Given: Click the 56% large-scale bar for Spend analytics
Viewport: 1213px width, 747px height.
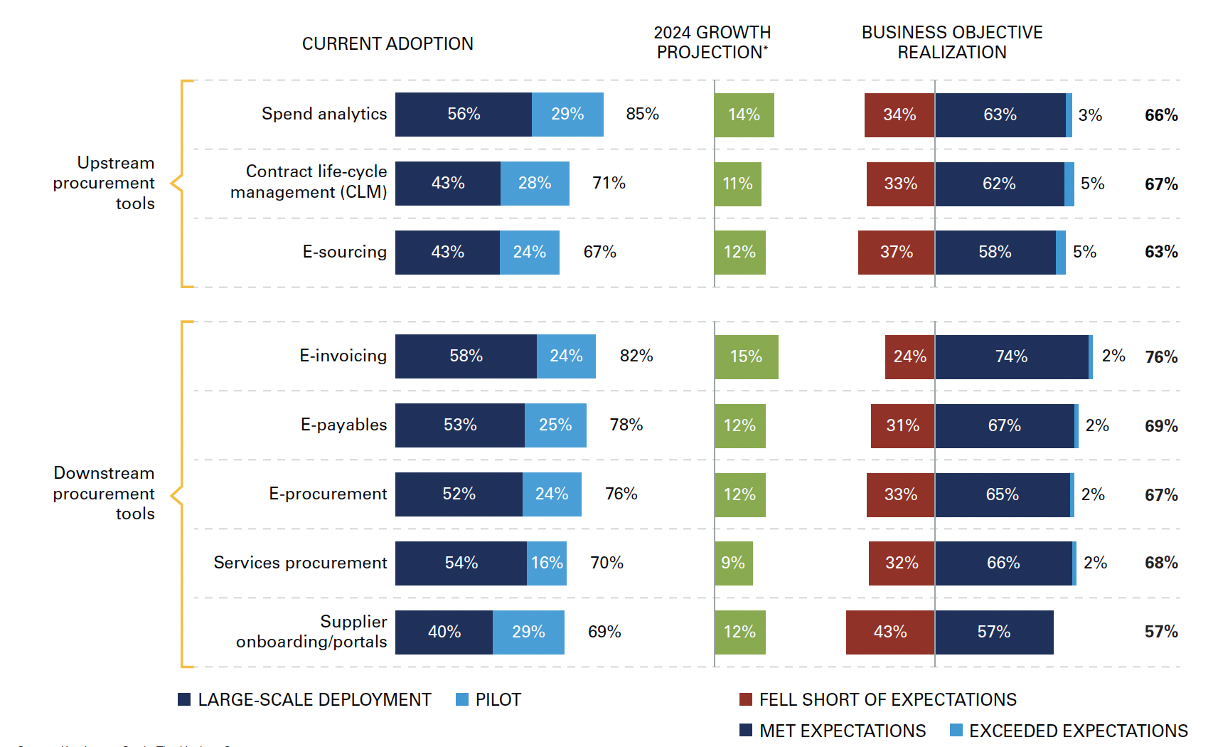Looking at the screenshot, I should tap(463, 115).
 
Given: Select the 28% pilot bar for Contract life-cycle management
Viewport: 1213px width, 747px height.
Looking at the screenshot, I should tap(535, 184).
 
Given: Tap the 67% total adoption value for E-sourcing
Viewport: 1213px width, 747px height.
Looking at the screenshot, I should tap(599, 252).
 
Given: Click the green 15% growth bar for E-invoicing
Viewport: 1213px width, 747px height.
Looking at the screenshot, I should tap(746, 356).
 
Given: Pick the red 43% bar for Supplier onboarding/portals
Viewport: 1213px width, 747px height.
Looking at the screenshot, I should tap(889, 632).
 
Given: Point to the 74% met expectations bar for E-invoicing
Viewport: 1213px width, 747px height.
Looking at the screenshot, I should tap(1011, 356).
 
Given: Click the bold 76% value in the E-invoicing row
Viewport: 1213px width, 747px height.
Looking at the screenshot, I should tap(1161, 357).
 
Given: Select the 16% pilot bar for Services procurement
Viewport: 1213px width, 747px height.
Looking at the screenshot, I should tap(547, 563).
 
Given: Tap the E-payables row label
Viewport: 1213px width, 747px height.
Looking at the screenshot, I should tap(343, 425).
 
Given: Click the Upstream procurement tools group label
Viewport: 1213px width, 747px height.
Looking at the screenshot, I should tap(104, 183).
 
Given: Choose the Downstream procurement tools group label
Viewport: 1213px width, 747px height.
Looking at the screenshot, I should tap(104, 493).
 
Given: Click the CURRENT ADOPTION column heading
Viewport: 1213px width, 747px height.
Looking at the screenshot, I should tap(388, 44).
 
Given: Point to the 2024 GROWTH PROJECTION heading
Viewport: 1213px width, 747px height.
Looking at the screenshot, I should tap(712, 43).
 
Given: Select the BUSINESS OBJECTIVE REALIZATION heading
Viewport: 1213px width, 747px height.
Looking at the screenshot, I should tap(951, 43).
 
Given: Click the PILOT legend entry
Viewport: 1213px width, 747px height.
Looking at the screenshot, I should tap(489, 699).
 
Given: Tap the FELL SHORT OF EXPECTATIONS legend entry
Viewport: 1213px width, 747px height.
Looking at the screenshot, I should tap(879, 699).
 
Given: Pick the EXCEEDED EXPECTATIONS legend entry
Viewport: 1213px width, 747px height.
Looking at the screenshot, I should tap(1069, 731).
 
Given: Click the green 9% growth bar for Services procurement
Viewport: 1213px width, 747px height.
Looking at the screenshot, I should tap(733, 563).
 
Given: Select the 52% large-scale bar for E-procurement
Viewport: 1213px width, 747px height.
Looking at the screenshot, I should tap(459, 494).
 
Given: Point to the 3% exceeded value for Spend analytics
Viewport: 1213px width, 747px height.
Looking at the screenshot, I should tap(1090, 115).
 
